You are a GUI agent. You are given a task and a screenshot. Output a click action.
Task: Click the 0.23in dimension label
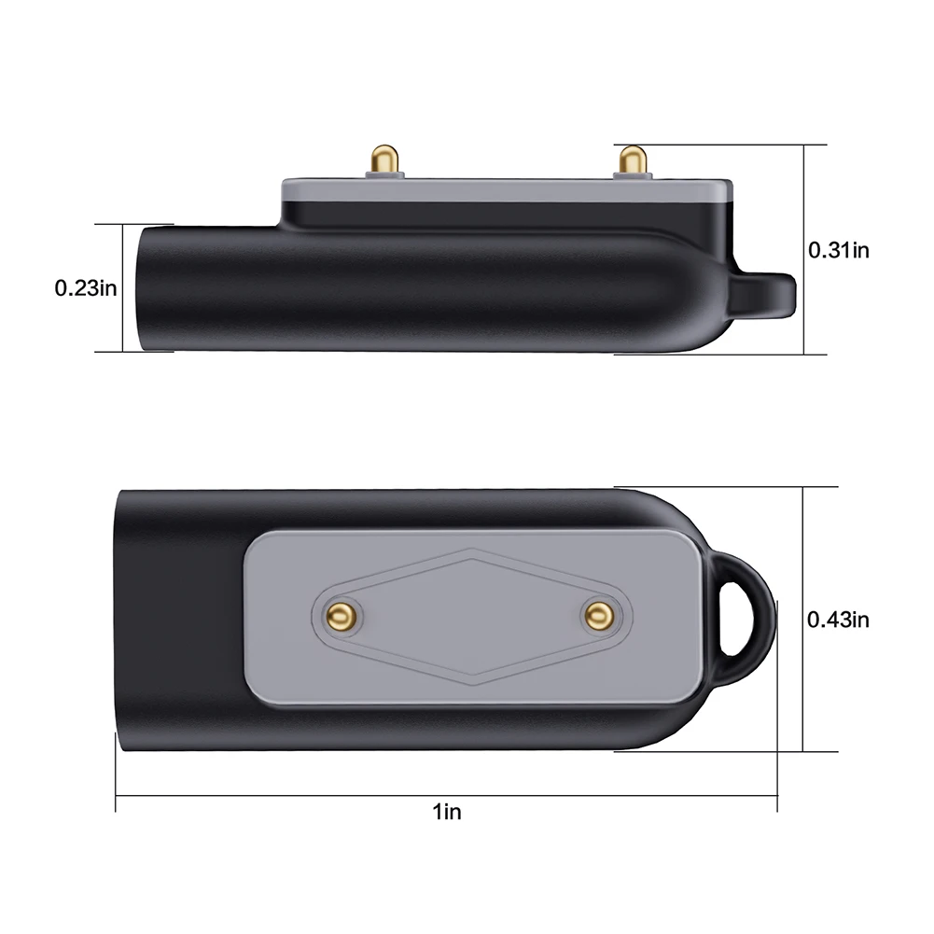(85, 288)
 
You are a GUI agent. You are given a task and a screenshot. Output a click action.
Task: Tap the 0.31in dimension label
(838, 249)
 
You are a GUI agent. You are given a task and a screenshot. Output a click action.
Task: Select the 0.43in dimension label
(838, 619)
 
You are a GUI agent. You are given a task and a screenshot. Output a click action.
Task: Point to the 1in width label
(447, 813)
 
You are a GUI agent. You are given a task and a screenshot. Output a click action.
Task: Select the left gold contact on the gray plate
(341, 614)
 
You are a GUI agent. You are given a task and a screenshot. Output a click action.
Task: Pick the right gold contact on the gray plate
(595, 614)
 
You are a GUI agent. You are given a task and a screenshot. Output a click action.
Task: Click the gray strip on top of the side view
(504, 188)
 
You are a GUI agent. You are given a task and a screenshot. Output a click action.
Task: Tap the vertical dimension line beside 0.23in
(123, 288)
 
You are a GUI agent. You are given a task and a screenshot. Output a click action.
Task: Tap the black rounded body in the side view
(420, 289)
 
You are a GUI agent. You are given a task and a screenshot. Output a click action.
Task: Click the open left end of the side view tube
(143, 288)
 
